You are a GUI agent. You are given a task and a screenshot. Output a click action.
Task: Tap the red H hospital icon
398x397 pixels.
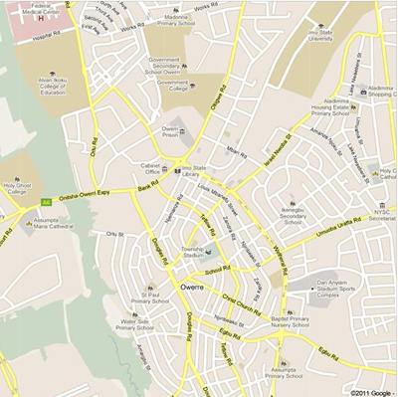(x=40, y=17)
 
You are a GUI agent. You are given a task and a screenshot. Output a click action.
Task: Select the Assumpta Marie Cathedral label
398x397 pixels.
(x=56, y=224)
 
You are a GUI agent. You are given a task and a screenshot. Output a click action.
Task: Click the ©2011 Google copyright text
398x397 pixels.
(x=370, y=392)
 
